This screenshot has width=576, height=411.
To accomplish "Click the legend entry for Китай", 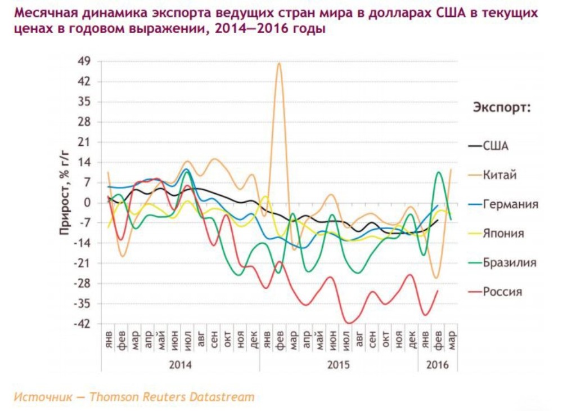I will pyautogui.click(x=499, y=175).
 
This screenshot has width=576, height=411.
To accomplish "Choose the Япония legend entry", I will pyautogui.click(x=503, y=234).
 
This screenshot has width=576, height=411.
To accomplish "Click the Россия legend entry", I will pyautogui.click(x=502, y=292).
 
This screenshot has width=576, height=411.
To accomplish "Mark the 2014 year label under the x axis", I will pyautogui.click(x=180, y=365).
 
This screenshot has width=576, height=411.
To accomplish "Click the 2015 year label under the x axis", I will pyautogui.click(x=338, y=365).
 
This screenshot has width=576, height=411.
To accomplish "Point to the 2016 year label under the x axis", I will pyautogui.click(x=438, y=365).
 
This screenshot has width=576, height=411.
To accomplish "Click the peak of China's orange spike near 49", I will pyautogui.click(x=279, y=63).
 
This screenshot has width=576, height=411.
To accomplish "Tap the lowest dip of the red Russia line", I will pyautogui.click(x=349, y=323).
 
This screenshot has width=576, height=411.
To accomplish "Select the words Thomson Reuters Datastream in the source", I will pyautogui.click(x=172, y=397).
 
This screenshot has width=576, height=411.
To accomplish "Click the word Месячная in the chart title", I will pyautogui.click(x=40, y=12).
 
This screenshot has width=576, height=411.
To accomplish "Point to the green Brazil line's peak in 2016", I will pyautogui.click(x=439, y=172).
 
